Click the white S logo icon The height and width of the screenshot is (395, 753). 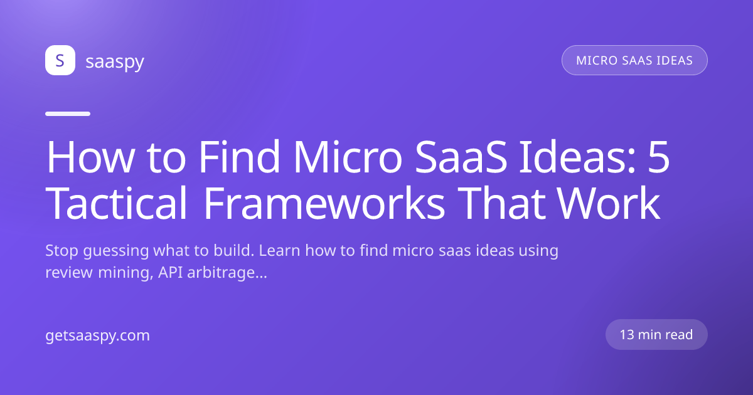tap(60, 60)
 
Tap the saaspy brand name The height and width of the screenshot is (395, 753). tap(115, 62)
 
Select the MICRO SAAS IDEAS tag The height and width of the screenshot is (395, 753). tap(634, 60)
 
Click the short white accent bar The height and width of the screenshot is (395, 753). tap(68, 114)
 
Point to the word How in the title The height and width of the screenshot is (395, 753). tap(91, 157)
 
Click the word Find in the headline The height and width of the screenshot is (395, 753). tap(239, 156)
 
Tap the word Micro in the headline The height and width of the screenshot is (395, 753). tap(348, 156)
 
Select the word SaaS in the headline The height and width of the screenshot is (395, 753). tap(461, 157)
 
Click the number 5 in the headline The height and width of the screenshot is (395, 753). tap(659, 157)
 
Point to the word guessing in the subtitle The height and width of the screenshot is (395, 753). tap(116, 251)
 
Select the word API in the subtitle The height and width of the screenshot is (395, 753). tap(171, 272)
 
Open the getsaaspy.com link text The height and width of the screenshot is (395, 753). tap(97, 335)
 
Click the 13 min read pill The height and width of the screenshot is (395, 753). tap(656, 335)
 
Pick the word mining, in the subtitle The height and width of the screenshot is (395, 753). tap(125, 273)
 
